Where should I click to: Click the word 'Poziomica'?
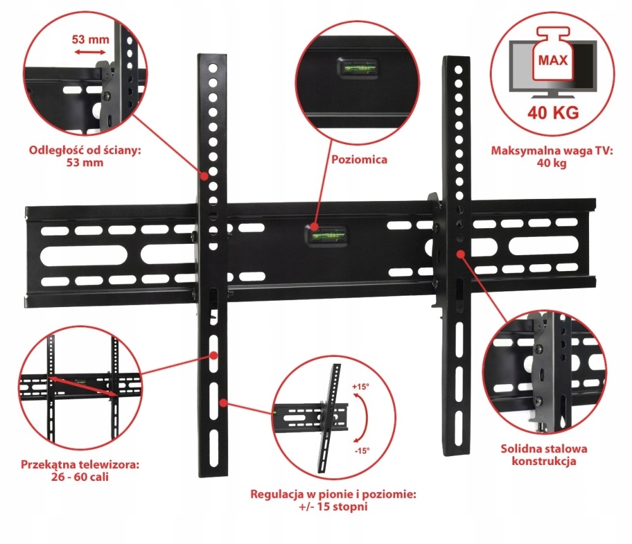[360, 160]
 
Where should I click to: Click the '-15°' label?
[362, 450]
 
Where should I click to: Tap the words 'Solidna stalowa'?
[544, 449]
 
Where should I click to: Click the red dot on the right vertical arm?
[461, 253]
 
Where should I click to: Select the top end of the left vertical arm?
[212, 58]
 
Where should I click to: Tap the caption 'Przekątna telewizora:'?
[79, 464]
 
